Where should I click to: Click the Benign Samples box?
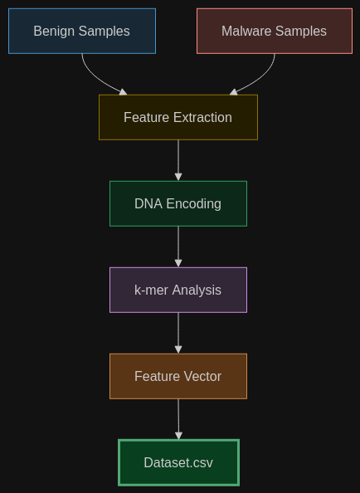(82, 32)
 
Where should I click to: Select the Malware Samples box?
(275, 32)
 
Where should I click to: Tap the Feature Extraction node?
(178, 117)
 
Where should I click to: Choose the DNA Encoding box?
(178, 203)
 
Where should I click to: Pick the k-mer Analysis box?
(178, 290)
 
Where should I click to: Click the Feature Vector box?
(178, 376)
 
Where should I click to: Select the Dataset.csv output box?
(178, 462)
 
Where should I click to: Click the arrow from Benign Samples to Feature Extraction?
(96, 79)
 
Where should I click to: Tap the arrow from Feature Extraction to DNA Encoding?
(178, 160)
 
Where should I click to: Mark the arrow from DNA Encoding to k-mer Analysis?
(178, 247)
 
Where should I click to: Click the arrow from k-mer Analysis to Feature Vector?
(178, 333)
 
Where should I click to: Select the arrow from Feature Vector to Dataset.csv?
(178, 419)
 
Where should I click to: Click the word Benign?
(55, 32)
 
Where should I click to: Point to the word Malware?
(246, 32)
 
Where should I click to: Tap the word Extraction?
(202, 117)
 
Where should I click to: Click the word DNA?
(148, 203)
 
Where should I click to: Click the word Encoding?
(194, 204)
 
